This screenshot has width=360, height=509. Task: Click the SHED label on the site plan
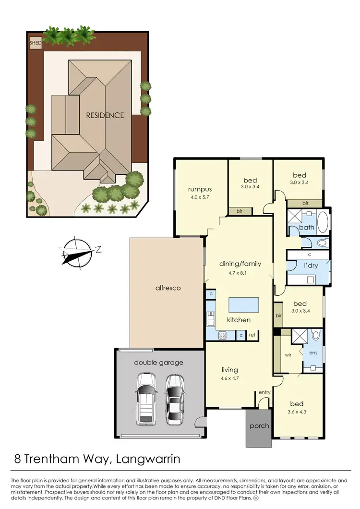(36, 43)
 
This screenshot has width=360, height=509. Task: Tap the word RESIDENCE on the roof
(105, 115)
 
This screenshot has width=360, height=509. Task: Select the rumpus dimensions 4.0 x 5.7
(200, 197)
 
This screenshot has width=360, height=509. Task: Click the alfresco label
(167, 288)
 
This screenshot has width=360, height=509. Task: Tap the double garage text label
(158, 363)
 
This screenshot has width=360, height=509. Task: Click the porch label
(259, 426)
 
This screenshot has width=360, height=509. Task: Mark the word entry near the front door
(264, 392)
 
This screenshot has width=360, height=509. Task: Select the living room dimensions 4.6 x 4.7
(229, 378)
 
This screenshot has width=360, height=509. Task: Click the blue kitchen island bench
(243, 304)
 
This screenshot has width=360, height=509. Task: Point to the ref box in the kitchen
(252, 336)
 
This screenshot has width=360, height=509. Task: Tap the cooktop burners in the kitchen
(223, 336)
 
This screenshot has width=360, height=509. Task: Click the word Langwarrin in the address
(148, 459)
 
